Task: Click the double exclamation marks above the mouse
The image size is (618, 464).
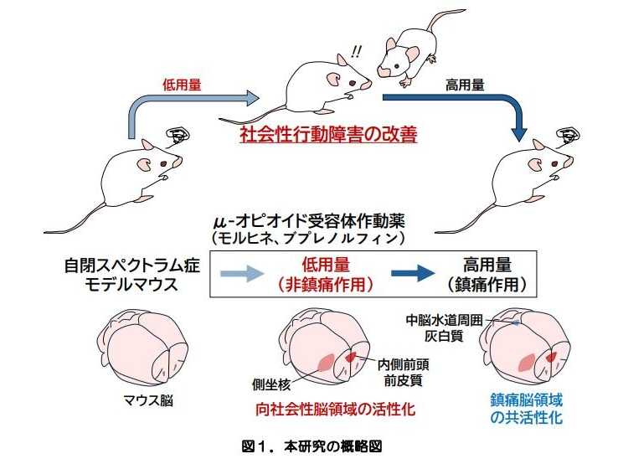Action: (x=358, y=52)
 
